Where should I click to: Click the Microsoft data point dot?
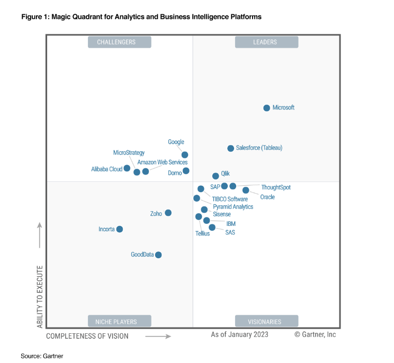(267, 108)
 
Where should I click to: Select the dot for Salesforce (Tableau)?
(230, 149)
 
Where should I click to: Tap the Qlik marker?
(216, 176)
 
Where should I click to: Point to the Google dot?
(185, 155)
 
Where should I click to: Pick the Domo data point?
(186, 171)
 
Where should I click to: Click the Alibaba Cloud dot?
(127, 168)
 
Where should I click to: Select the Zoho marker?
(168, 213)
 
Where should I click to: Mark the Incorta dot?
(120, 229)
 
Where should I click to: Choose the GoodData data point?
(158, 255)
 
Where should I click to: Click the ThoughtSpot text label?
(276, 187)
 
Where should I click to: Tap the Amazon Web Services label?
(162, 162)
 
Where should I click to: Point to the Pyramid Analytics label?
(233, 206)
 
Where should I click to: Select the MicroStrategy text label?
(129, 153)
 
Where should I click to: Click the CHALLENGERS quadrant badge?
(119, 42)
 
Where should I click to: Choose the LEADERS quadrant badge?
(266, 42)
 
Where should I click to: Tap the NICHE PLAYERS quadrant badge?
(119, 321)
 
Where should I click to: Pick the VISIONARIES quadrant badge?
(266, 321)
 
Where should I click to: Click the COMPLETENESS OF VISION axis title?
(87, 336)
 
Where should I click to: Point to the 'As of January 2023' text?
(239, 334)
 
